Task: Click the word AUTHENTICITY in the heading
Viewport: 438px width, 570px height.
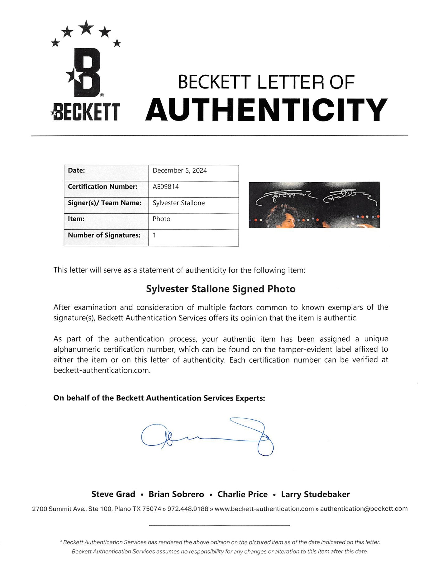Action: (x=266, y=109)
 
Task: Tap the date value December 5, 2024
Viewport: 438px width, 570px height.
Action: (x=180, y=170)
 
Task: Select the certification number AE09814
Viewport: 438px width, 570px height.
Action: (x=166, y=187)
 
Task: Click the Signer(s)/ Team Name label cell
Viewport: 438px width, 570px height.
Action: (x=105, y=203)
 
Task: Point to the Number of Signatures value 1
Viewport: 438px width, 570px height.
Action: (x=155, y=235)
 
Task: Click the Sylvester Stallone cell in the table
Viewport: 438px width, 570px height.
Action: (x=179, y=203)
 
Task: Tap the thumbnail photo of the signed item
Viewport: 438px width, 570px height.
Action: (x=314, y=205)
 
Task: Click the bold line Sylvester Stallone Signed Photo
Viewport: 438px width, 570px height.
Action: (x=221, y=289)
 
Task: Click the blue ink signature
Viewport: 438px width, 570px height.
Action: (x=207, y=436)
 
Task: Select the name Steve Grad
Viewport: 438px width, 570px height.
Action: (x=113, y=494)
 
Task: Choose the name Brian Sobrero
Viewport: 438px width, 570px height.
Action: (x=176, y=494)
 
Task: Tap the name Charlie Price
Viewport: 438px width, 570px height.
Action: (x=242, y=494)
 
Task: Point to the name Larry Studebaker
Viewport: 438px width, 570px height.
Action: (x=315, y=494)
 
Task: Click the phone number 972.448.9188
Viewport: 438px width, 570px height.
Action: (x=188, y=509)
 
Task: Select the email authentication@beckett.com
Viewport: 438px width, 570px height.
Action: (x=364, y=509)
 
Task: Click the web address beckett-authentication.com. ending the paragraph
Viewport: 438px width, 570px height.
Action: (x=102, y=370)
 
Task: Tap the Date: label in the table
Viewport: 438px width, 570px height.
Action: (x=77, y=170)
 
